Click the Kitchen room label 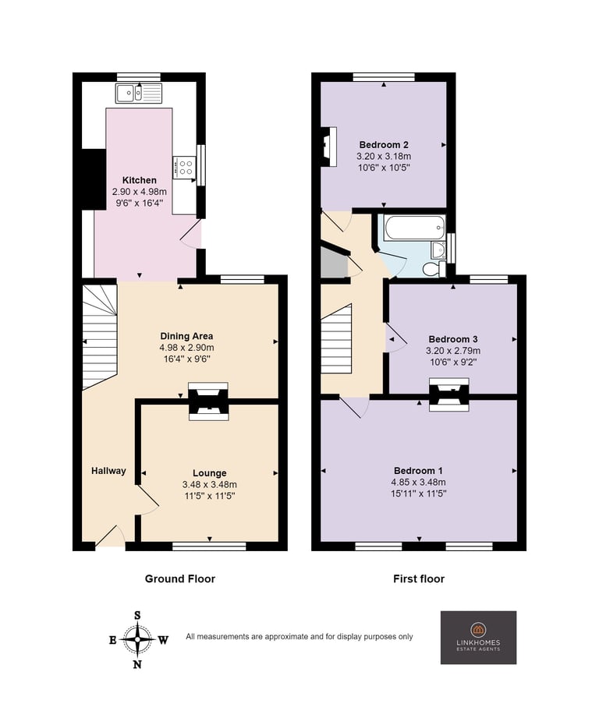pyautogui.click(x=139, y=180)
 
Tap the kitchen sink pyautogui.click(x=139, y=94)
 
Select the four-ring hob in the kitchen pyautogui.click(x=185, y=167)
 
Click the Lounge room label pyautogui.click(x=209, y=473)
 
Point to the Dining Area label pyautogui.click(x=186, y=336)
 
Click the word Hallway pyautogui.click(x=108, y=471)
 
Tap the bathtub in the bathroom pyautogui.click(x=415, y=228)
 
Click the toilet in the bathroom pyautogui.click(x=434, y=269)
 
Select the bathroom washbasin pyautogui.click(x=438, y=250)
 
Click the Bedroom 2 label pyautogui.click(x=384, y=145)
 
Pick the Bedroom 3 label pyautogui.click(x=453, y=339)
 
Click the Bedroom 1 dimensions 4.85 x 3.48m pyautogui.click(x=419, y=483)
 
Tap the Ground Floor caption pyautogui.click(x=180, y=578)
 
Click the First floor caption pyautogui.click(x=419, y=578)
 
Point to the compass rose pyautogui.click(x=137, y=640)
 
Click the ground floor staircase pyautogui.click(x=100, y=337)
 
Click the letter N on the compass pyautogui.click(x=137, y=664)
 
